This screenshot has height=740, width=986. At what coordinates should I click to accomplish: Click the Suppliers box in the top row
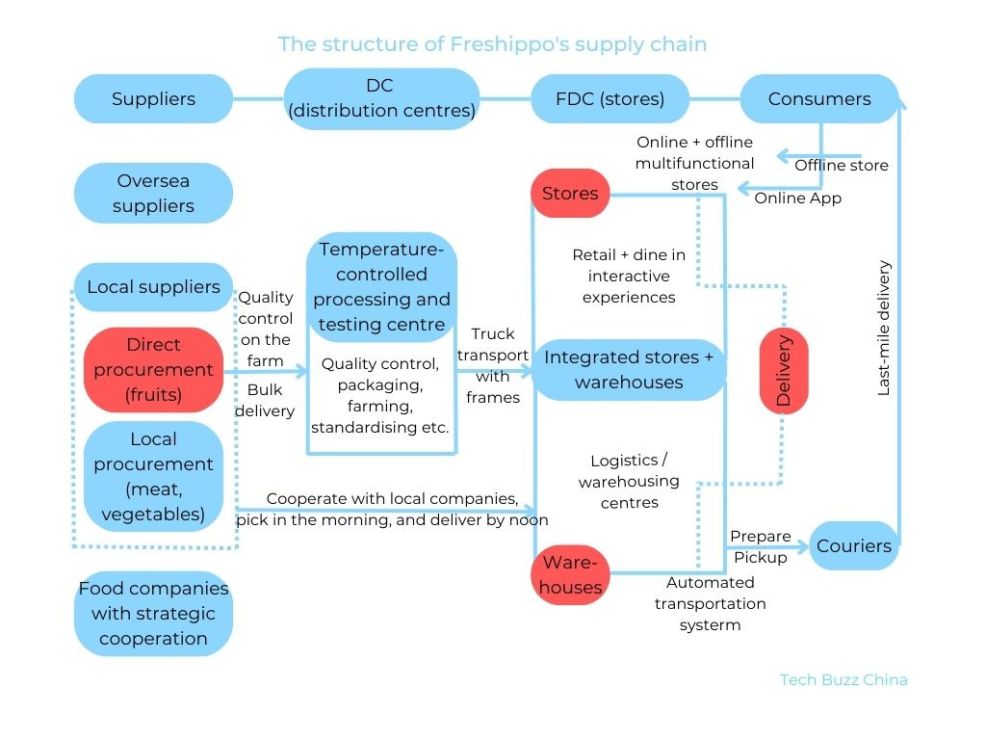point(153,99)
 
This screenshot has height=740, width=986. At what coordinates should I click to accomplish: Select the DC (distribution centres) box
point(381,99)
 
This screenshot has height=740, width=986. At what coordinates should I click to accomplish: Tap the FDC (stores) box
point(610,99)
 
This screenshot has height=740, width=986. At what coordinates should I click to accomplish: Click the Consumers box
point(818,99)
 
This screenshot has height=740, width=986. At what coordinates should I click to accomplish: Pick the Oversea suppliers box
point(153,194)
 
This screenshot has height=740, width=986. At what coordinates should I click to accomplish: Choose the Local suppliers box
point(153,287)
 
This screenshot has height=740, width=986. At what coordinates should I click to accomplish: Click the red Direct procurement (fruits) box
point(153,370)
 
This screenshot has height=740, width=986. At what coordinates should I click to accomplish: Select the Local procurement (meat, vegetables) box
point(153,477)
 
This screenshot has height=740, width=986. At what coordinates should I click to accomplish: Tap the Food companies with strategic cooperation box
point(153,614)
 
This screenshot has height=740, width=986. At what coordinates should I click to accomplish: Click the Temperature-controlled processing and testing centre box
point(381,286)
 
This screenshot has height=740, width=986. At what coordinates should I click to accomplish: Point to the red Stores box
point(570,194)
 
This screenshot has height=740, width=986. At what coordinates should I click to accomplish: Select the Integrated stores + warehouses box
point(628,370)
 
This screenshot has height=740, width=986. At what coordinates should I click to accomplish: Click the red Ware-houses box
point(570,574)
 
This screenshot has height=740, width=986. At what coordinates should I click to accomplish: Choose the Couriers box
point(853,546)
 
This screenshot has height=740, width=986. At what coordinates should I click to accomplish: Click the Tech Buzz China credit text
point(843,679)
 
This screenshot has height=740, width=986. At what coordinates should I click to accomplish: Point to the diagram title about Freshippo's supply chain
point(492,44)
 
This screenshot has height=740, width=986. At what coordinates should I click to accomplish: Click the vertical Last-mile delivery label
point(884,329)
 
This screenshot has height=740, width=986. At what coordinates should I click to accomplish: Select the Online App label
point(797,198)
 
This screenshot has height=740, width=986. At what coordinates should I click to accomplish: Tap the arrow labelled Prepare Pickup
point(765,547)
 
